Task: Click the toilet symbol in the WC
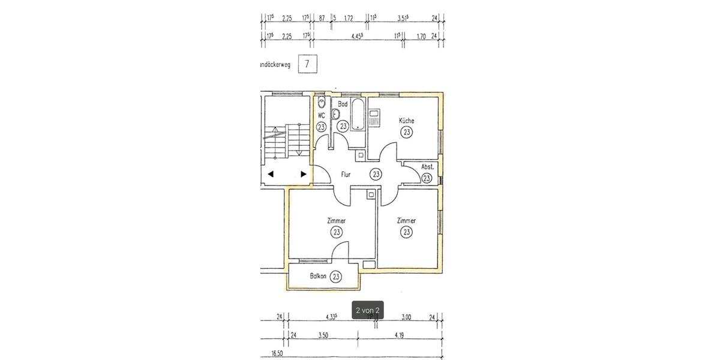(322, 103)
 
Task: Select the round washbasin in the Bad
(336, 114)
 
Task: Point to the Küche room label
(407, 121)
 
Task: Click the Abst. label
(427, 167)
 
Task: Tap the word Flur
(346, 175)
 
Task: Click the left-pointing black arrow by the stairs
(271, 174)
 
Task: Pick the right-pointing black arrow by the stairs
(304, 174)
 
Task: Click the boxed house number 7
(308, 64)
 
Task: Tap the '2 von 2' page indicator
(368, 310)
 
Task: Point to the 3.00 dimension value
(406, 317)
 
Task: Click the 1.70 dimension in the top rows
(421, 37)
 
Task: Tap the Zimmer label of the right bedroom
(407, 221)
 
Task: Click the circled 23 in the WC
(322, 127)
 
